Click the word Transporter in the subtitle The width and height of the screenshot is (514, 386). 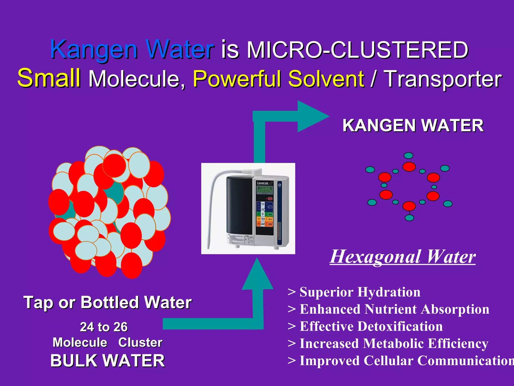443,79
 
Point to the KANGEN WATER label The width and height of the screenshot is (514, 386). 413,125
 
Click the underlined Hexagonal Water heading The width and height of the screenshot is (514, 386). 403,257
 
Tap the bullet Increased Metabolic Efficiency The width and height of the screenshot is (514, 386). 394,344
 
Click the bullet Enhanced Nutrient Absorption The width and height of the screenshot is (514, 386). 394,309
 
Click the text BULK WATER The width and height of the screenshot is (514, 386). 107,361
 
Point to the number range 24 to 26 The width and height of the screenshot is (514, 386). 104,327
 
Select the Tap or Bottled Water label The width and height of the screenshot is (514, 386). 107,302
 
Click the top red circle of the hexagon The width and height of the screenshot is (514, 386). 409,167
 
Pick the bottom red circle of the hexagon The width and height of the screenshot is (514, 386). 409,206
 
